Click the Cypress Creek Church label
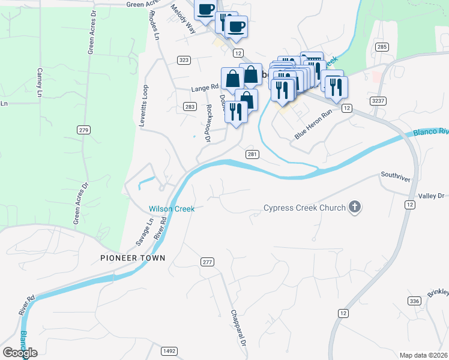[x=304, y=208]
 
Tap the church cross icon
[x=355, y=208]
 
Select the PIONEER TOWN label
[x=133, y=258]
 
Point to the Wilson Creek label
[x=172, y=209]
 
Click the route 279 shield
[x=83, y=130]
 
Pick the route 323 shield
[x=184, y=60]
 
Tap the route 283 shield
[x=190, y=106]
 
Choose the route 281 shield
[x=252, y=154]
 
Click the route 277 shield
[x=207, y=262]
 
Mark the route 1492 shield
[x=169, y=351]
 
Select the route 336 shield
[x=414, y=301]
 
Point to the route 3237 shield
[x=378, y=101]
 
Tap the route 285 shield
[x=382, y=46]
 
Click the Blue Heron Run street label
[x=313, y=124]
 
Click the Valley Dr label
[x=431, y=196]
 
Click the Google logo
[x=20, y=353]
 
